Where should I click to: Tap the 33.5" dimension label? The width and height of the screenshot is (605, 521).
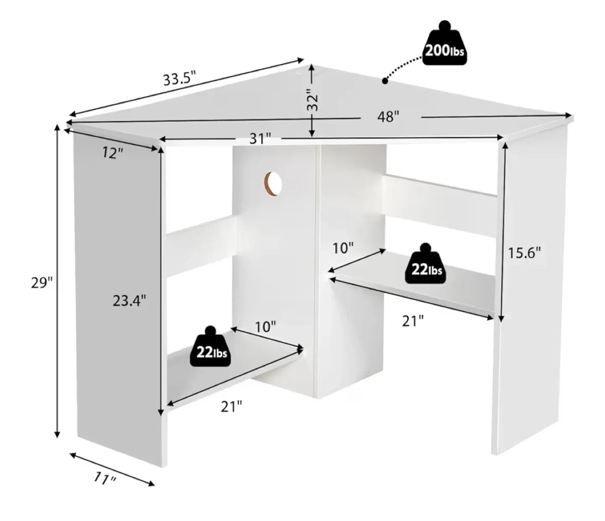click(x=179, y=78)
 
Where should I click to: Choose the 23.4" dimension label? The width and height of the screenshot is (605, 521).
click(x=129, y=300)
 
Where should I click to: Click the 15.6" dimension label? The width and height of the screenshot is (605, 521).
click(x=524, y=253)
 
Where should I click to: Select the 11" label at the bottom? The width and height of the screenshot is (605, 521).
click(x=104, y=477)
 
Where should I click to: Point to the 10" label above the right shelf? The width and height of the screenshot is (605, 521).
click(x=343, y=248)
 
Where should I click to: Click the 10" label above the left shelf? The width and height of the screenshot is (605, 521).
click(x=265, y=327)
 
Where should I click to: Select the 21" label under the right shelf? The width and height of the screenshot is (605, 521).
click(x=413, y=321)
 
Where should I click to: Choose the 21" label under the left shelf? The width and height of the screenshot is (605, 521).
click(x=231, y=406)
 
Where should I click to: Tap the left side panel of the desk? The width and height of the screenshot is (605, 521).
click(x=118, y=294)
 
